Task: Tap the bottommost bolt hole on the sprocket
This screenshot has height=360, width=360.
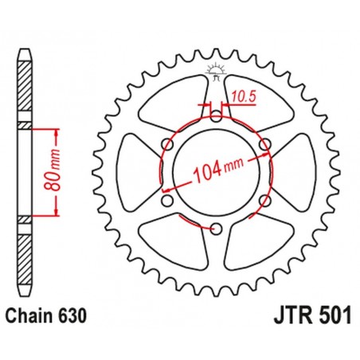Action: click(x=216, y=229)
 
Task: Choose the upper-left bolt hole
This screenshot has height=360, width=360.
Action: click(x=166, y=143)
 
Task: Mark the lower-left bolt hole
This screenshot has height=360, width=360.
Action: click(x=165, y=201)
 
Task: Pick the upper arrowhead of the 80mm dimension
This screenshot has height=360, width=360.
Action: click(x=56, y=130)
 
